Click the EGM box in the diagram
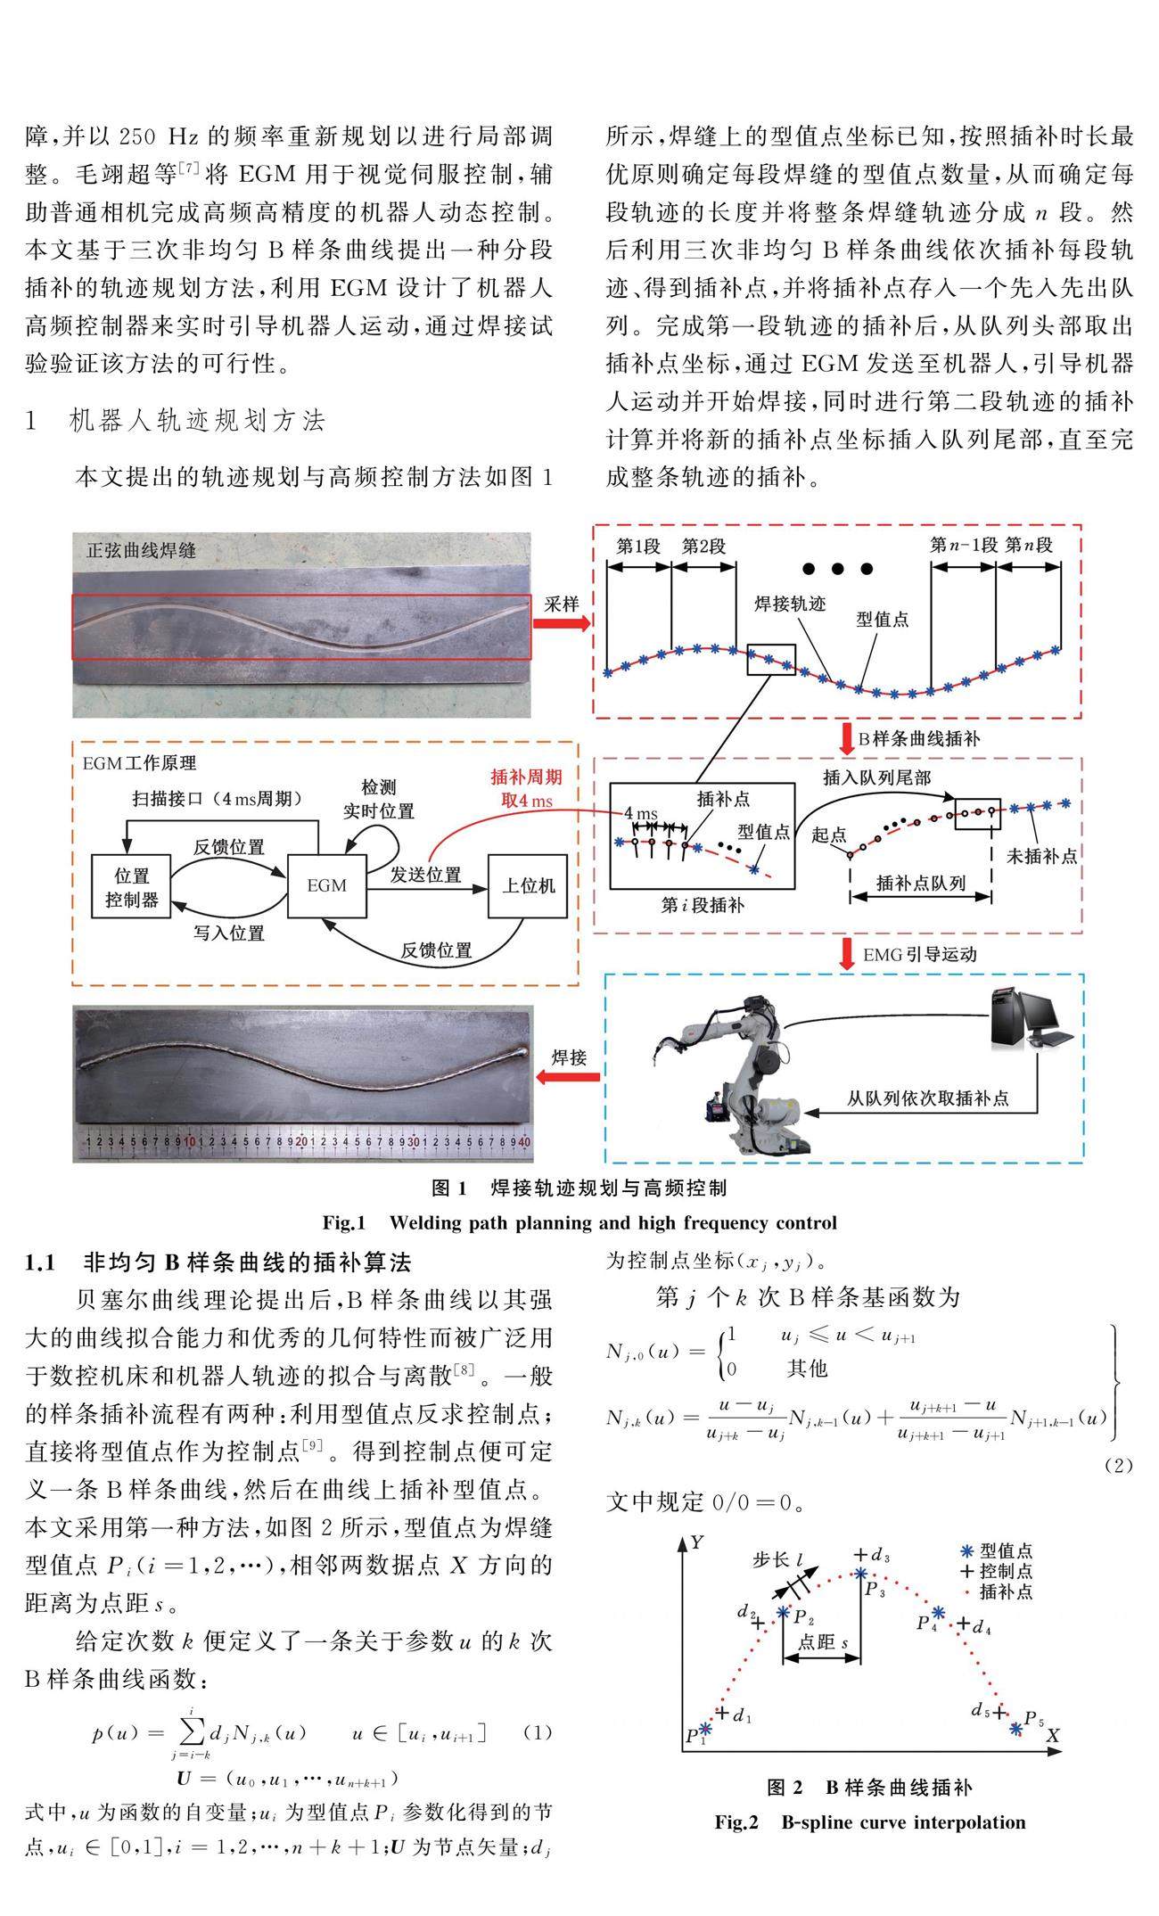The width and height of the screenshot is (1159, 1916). click(x=327, y=885)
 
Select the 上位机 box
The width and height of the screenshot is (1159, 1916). click(x=528, y=885)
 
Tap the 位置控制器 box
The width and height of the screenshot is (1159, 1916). click(x=132, y=887)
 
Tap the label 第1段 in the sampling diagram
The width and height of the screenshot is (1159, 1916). click(x=637, y=546)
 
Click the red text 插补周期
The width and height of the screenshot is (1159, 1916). click(x=527, y=777)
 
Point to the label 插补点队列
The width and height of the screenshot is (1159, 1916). click(x=921, y=883)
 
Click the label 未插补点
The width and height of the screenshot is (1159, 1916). click(x=1041, y=856)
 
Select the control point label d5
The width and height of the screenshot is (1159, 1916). click(x=980, y=1710)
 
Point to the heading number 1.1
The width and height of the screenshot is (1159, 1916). click(x=41, y=1262)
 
